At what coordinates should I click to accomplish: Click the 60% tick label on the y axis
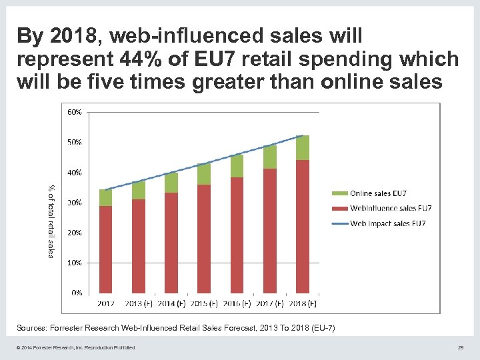[74, 112]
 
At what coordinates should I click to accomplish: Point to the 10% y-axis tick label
[74, 263]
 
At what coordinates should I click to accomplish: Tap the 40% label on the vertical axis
[74, 172]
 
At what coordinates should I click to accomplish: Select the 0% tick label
[76, 293]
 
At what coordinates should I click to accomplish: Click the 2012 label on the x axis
[106, 304]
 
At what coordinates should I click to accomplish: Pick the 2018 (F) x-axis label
[303, 304]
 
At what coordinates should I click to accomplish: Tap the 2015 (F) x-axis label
[204, 304]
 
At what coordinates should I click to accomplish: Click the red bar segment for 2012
[105, 249]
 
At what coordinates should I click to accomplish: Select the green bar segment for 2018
[303, 147]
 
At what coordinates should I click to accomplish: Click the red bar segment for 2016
[237, 235]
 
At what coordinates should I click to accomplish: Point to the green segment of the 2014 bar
[171, 183]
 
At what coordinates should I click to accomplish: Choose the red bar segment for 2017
[269, 231]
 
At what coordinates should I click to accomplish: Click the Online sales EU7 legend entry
[379, 193]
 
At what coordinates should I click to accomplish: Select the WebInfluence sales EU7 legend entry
[390, 208]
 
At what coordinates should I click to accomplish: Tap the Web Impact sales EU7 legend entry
[387, 223]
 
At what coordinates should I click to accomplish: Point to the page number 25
[461, 347]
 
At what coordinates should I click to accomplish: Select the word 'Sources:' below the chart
[33, 328]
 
